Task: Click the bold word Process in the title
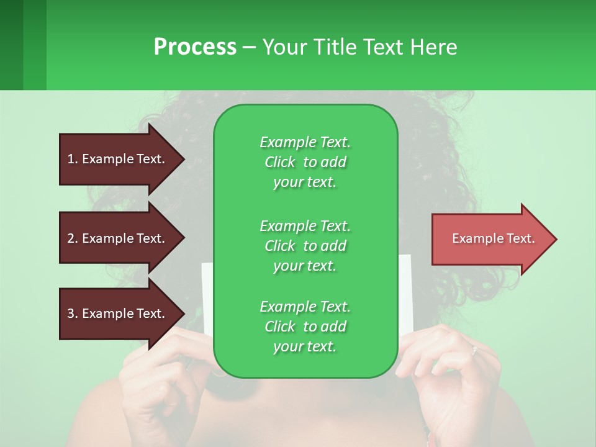[x=195, y=47]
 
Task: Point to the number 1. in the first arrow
[x=73, y=159]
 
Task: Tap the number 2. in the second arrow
[x=73, y=238]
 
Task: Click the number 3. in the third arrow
[x=73, y=314]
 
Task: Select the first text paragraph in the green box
[x=305, y=162]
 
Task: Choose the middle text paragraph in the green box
[x=305, y=245]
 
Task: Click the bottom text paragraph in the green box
[x=305, y=327]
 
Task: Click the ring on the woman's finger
[x=474, y=350]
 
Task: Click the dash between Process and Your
[x=249, y=47]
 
